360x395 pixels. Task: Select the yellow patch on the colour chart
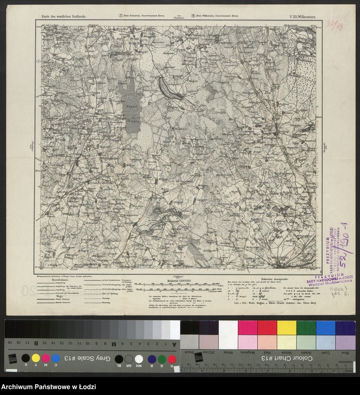click(286, 327)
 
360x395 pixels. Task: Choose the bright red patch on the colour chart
click(267, 327)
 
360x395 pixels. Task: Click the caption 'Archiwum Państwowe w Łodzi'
click(49, 387)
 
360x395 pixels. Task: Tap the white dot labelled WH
click(139, 359)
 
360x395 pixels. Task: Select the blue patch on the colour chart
click(325, 327)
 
